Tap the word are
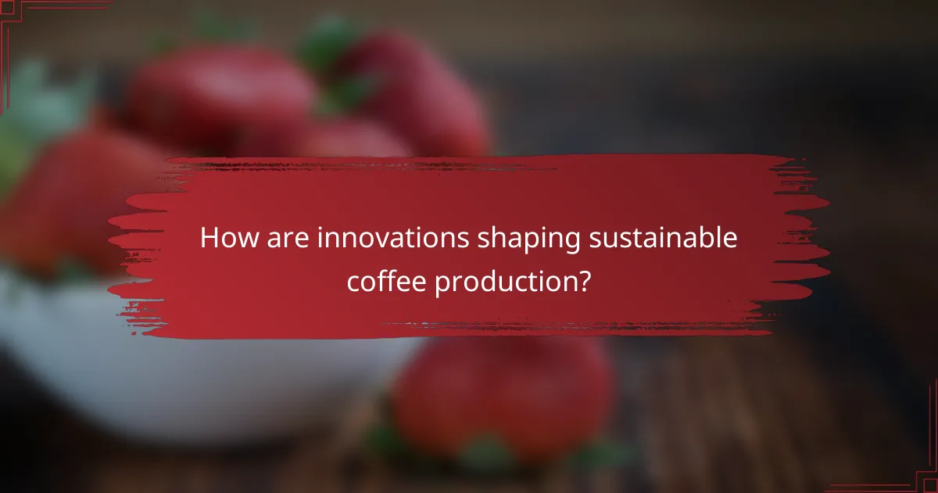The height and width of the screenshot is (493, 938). click(x=286, y=239)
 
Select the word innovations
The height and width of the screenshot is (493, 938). click(x=394, y=239)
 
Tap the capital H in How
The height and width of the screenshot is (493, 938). click(x=209, y=239)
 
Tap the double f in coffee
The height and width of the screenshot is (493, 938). click(x=390, y=279)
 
